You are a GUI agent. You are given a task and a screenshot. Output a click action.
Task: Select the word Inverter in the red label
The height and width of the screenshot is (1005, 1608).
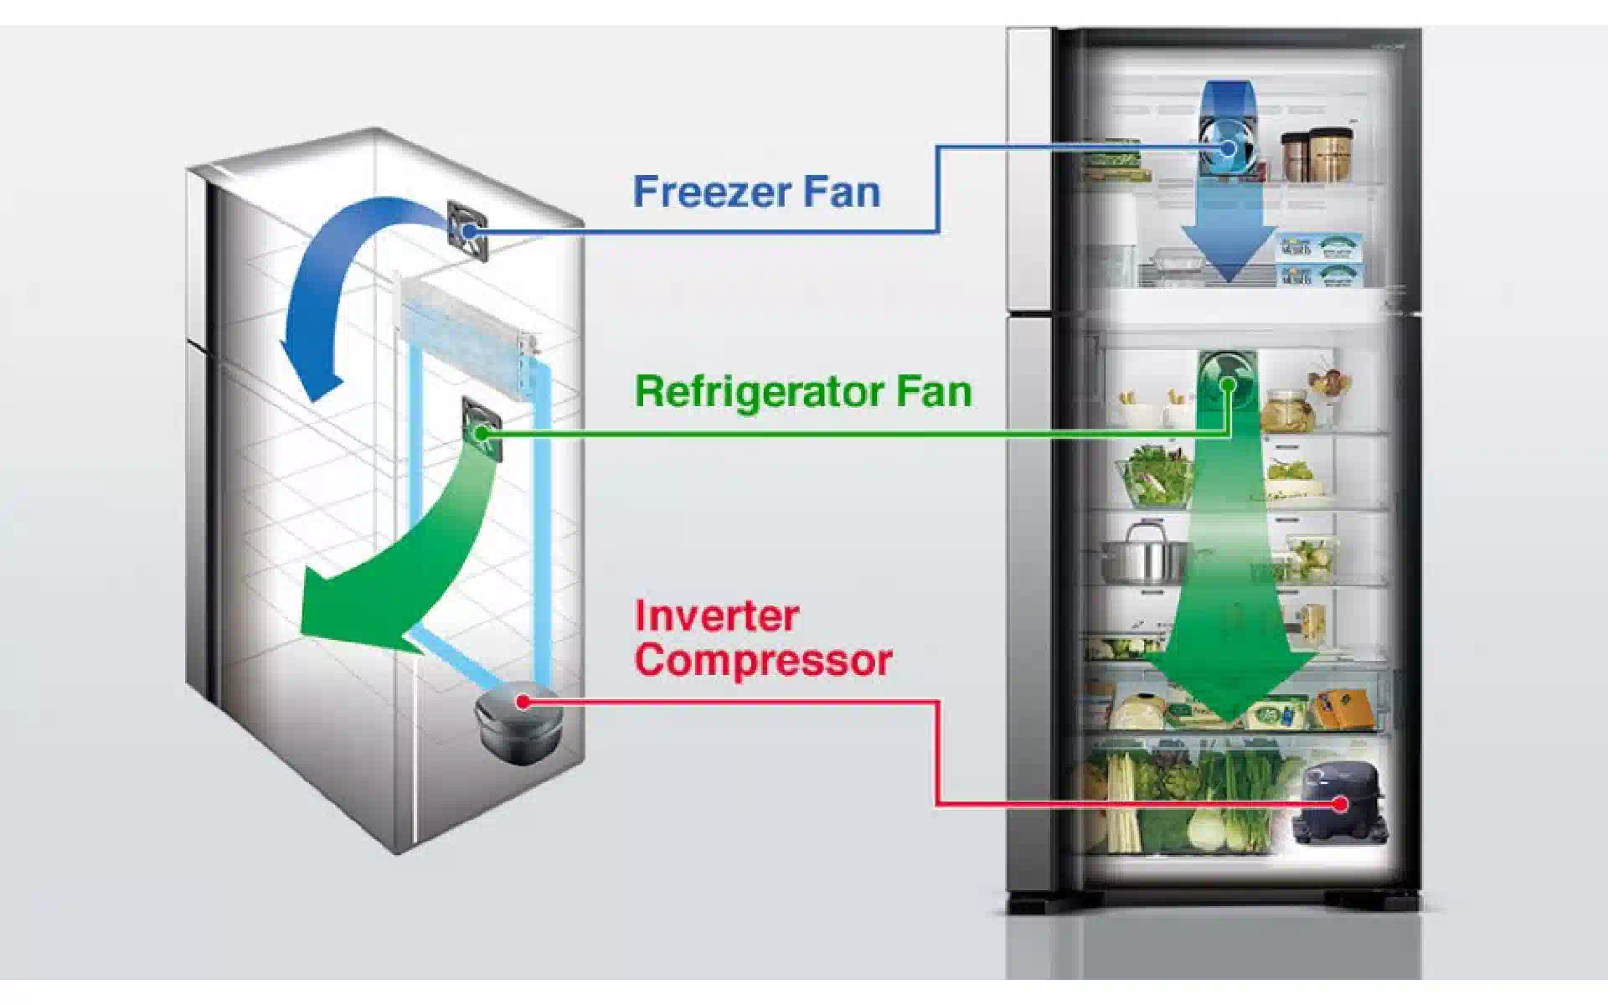(717, 616)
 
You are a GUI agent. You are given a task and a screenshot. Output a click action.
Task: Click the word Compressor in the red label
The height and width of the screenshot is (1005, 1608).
(763, 660)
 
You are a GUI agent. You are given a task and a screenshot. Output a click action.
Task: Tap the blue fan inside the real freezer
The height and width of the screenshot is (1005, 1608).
(1225, 147)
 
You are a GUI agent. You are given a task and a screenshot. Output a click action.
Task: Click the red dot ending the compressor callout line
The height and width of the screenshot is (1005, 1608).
(1340, 804)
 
